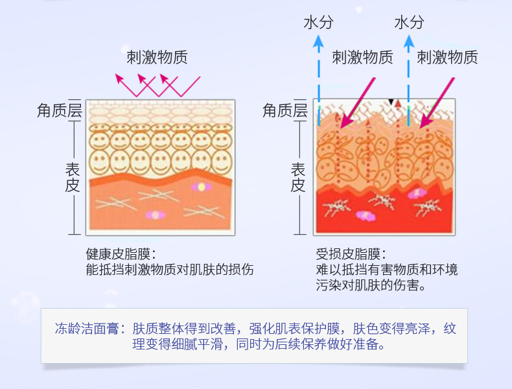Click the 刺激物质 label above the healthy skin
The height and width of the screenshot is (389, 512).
157,57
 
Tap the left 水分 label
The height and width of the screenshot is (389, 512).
318,23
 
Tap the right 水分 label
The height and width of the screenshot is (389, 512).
409,23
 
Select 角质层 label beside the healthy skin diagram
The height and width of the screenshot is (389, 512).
59,111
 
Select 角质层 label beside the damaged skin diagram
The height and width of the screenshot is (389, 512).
285,111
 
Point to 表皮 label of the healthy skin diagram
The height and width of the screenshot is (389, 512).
72,177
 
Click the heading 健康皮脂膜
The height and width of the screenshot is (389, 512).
120,253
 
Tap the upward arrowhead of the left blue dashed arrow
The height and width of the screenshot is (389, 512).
318,41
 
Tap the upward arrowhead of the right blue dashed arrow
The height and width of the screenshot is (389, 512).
408,41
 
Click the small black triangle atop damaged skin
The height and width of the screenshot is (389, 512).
391,102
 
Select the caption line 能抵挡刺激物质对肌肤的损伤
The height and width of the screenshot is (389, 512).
170,270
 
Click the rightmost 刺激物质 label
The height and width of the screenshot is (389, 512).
447,57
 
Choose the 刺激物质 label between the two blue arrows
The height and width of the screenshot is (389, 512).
362,57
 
